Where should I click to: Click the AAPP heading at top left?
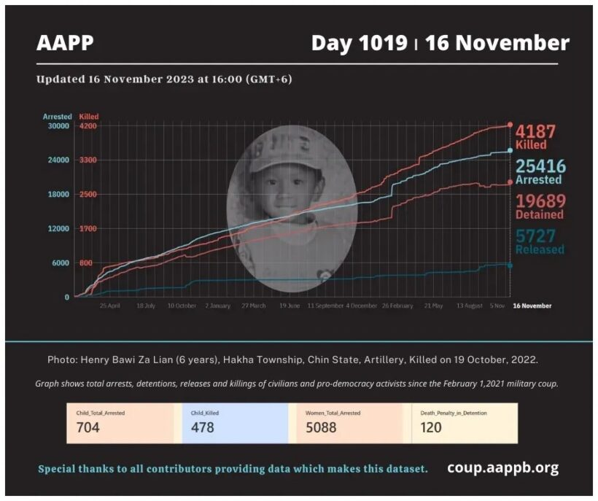tap(65, 43)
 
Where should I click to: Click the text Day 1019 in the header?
tap(359, 43)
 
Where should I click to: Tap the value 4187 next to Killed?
tap(536, 132)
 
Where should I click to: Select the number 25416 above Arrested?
tap(540, 167)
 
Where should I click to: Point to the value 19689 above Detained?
tap(540, 201)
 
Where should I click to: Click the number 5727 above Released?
tap(536, 236)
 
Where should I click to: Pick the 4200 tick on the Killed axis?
tap(88, 126)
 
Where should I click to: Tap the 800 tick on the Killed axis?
tap(85, 263)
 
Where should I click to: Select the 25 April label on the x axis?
tap(109, 306)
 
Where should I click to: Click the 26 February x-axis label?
tap(397, 306)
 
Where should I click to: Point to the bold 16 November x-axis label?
tap(532, 306)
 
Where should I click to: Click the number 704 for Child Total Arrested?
tap(88, 427)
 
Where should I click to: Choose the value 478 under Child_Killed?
tap(202, 427)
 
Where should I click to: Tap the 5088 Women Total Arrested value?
tap(322, 427)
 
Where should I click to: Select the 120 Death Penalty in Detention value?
tap(431, 427)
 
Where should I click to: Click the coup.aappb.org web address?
tap(502, 467)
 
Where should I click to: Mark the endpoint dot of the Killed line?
tap(510, 125)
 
